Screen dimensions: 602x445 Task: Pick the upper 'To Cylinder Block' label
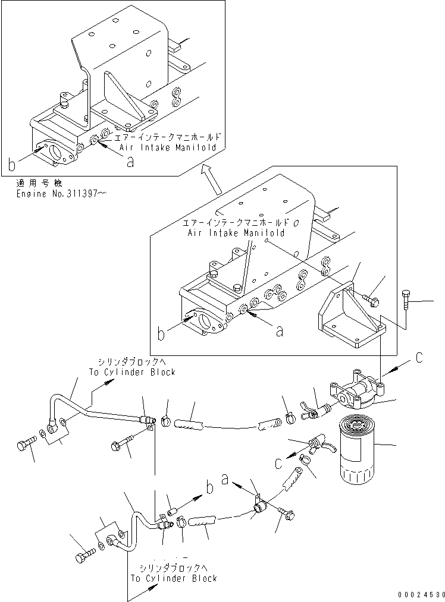tap(132, 367)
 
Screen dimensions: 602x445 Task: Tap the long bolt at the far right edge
tap(407, 302)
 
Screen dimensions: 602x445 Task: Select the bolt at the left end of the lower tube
tap(83, 557)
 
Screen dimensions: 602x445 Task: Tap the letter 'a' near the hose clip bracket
tap(225, 478)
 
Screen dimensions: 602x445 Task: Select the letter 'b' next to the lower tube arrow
tap(209, 488)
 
